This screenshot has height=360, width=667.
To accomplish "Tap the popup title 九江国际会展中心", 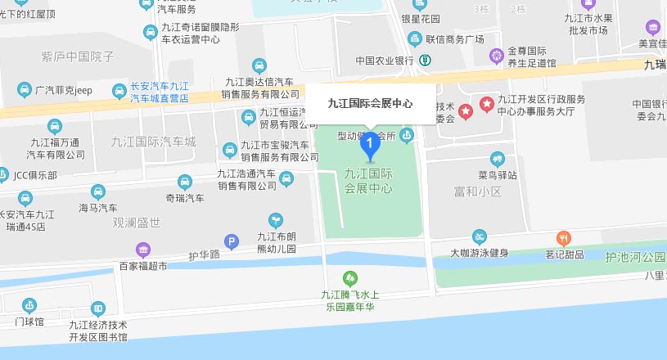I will tap(369, 103).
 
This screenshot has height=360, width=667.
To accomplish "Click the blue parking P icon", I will tap(232, 241).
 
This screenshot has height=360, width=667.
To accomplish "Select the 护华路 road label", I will tap(205, 255).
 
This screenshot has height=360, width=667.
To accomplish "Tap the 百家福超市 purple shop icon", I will tap(143, 250).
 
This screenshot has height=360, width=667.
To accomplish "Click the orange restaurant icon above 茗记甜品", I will tap(563, 238).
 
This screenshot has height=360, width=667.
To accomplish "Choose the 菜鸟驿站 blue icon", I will tap(498, 159).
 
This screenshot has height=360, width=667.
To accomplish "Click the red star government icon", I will tap(466, 110).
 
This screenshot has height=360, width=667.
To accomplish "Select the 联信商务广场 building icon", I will tap(415, 38).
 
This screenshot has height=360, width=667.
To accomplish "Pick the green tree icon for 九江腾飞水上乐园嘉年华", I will tap(350, 278).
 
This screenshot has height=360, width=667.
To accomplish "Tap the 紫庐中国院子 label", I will tap(77, 56).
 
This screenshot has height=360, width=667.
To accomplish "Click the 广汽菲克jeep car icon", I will tap(24, 89).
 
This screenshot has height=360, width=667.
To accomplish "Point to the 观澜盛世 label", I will tap(137, 222).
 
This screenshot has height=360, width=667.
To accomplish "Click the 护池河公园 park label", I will tap(635, 256).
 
